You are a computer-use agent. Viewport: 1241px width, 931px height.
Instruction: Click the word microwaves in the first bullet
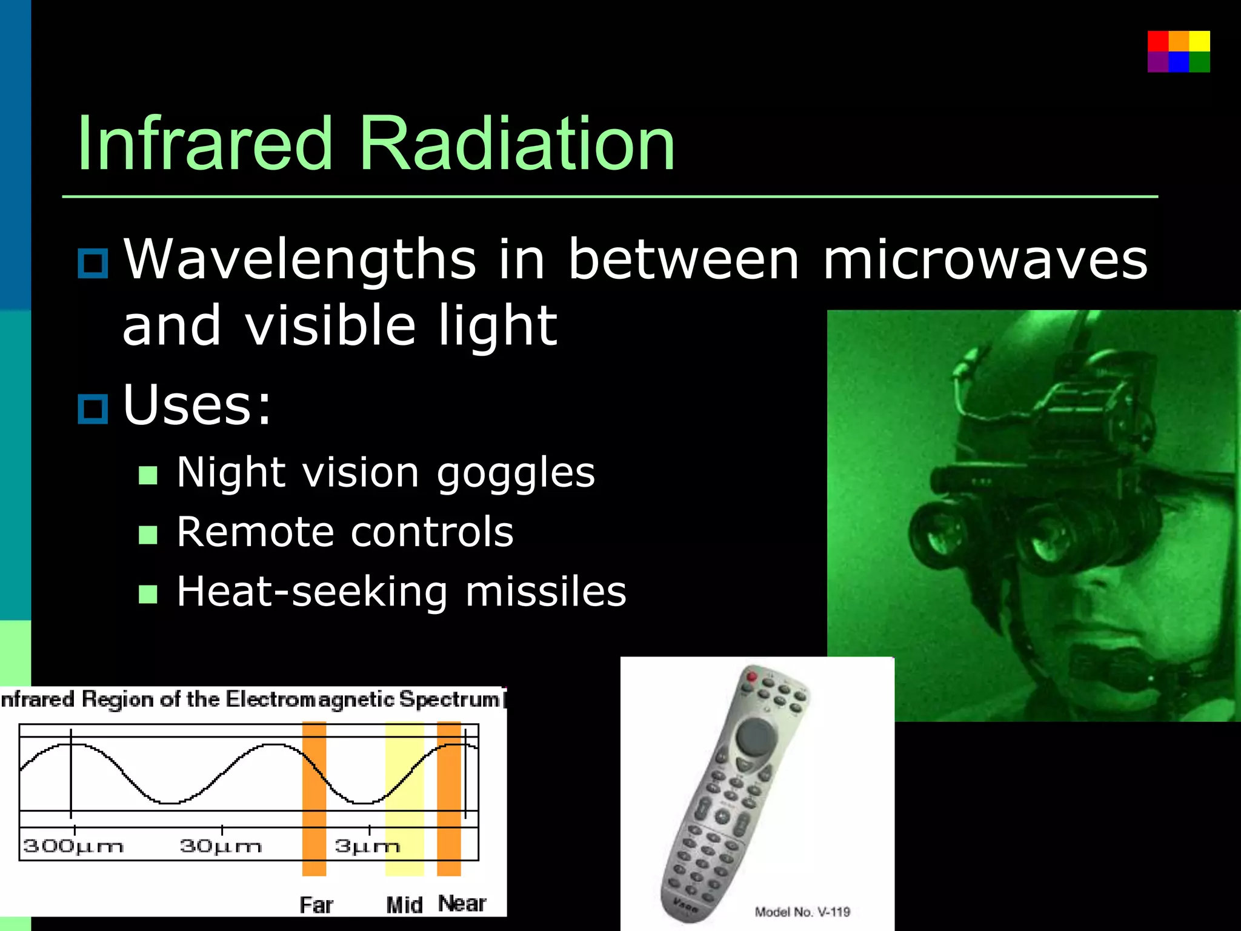(x=985, y=259)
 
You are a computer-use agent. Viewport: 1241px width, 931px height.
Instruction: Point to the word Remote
(x=255, y=532)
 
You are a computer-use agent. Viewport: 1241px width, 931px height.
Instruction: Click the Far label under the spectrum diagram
(x=316, y=905)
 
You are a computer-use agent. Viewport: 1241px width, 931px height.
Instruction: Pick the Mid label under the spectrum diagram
(x=404, y=905)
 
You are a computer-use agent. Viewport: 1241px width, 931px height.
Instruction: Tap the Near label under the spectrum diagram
(x=462, y=903)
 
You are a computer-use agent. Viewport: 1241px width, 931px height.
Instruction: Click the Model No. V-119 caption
(x=802, y=912)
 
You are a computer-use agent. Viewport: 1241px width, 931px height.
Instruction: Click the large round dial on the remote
(x=756, y=736)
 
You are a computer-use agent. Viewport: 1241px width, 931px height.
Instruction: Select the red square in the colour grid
(x=1157, y=41)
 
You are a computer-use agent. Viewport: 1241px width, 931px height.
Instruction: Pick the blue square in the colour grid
(x=1179, y=62)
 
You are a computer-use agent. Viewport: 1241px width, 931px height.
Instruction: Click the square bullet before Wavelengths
(x=93, y=264)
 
